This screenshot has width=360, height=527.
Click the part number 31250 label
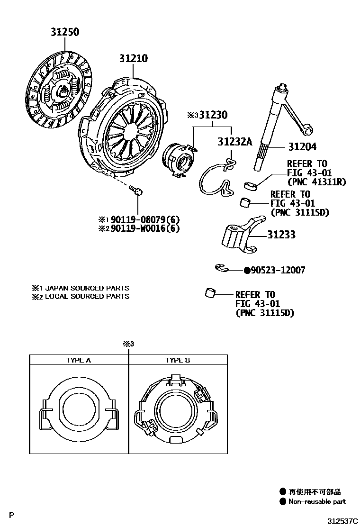(x=65, y=32)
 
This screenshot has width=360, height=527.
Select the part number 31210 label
(x=133, y=59)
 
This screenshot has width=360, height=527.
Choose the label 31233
(x=281, y=234)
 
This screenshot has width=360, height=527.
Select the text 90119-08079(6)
(x=143, y=220)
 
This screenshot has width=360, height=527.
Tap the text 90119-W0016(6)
(x=143, y=229)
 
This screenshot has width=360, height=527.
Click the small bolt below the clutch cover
(x=136, y=191)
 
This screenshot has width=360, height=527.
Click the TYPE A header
(x=78, y=360)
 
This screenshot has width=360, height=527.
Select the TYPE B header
(x=177, y=360)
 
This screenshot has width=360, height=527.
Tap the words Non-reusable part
(x=317, y=501)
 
